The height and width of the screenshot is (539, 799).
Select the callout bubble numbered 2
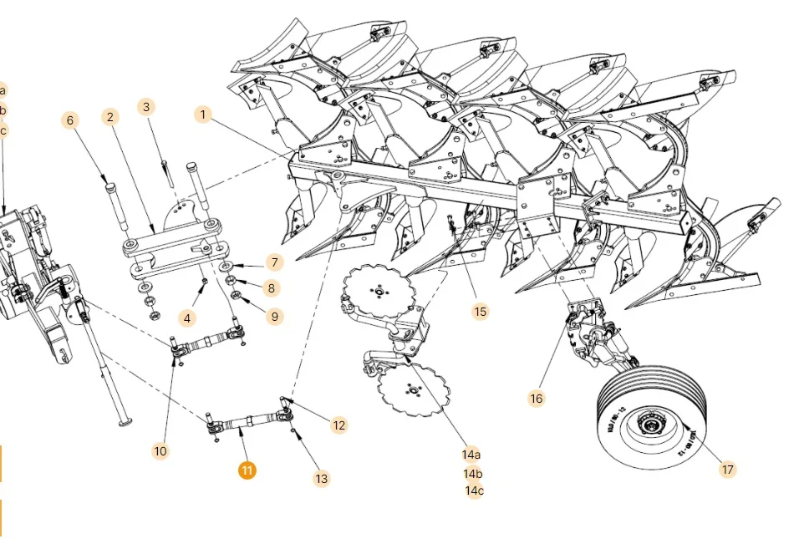point(110,117)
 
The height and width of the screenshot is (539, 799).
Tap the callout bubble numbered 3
point(146,107)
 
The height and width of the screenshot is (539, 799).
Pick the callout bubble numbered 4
point(187,318)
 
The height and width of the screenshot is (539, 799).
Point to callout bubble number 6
point(70,120)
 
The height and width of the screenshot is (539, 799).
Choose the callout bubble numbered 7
point(273,262)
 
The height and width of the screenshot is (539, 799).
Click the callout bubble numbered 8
point(270,288)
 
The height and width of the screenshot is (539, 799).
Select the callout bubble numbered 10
point(160,451)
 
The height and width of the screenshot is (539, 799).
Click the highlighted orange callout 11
point(247,470)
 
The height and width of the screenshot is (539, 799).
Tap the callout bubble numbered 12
point(338,425)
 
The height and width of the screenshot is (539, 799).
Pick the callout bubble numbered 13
point(322,479)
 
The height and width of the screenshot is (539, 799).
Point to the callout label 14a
point(472,455)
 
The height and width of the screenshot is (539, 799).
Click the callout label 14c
point(474,491)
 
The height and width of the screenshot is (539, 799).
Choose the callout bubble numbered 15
point(480,312)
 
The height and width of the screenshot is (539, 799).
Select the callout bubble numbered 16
point(536,399)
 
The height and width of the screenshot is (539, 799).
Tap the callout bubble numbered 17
point(727,470)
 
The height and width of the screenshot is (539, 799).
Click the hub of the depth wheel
point(648,428)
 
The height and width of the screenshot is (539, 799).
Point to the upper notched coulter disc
point(379,291)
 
